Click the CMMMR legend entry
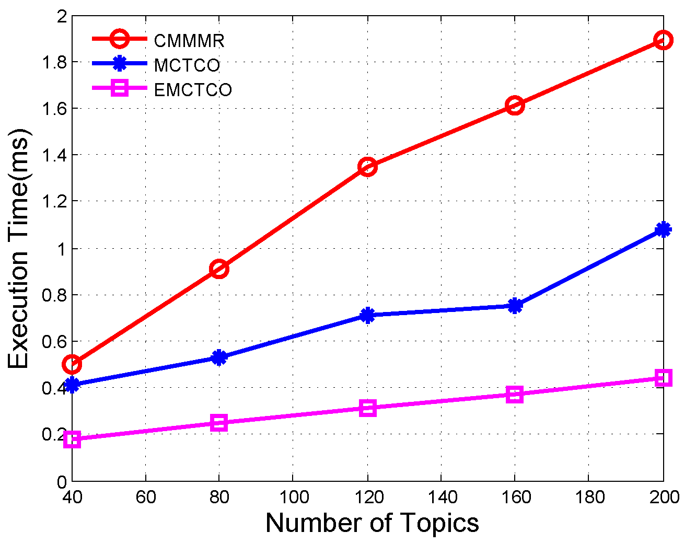coord(189,40)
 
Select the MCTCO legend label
coord(187,65)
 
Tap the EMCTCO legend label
coord(193,90)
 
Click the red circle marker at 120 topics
coord(367,167)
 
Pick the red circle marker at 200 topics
coord(663,40)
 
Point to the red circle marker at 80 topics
coord(219,269)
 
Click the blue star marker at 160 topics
coord(515,306)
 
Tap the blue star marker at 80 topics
coord(219,357)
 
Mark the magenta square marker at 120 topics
coord(367,408)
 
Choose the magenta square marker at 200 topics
coord(663,378)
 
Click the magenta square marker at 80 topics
coord(219,422)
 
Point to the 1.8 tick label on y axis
coord(53,62)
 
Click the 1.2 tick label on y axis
coord(53,201)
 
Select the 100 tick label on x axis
coord(294,496)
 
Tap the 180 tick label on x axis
coord(589,496)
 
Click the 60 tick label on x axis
coord(146,496)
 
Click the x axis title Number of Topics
coord(372,523)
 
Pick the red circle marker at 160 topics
coord(515,106)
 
